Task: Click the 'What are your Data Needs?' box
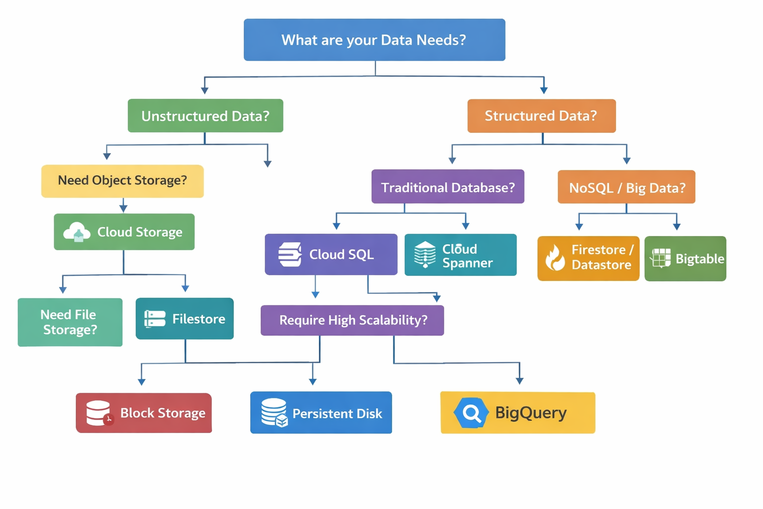(374, 40)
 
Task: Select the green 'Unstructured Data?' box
(205, 116)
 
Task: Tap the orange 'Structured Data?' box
(541, 116)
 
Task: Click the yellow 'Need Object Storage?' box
(122, 181)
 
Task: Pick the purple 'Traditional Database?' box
(448, 187)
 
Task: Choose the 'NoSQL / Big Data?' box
(626, 187)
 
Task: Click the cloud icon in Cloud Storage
(77, 232)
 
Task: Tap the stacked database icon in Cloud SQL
(290, 254)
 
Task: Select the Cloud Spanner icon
(425, 254)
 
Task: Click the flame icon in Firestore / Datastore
(555, 258)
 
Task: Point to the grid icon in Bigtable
(661, 258)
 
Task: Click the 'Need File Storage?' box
(70, 322)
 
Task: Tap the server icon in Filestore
(154, 319)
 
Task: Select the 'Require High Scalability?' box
(352, 320)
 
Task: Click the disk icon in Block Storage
(99, 413)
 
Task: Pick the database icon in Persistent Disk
(274, 413)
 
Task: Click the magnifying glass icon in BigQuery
(470, 413)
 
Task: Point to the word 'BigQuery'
(531, 413)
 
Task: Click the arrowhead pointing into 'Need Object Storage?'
(107, 156)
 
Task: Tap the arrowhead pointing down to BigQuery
(520, 380)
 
